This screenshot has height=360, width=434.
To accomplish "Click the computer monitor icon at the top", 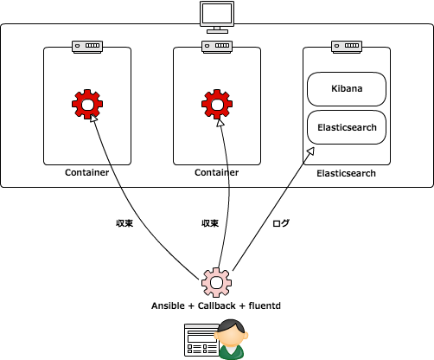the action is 217,17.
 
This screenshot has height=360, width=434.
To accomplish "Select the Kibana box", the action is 347,89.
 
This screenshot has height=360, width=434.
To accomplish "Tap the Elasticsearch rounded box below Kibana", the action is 347,127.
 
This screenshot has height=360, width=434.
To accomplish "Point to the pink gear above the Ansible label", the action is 216,282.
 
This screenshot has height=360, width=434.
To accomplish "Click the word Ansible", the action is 168,305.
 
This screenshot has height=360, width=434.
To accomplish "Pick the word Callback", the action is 216,305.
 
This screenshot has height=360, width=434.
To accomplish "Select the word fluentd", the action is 265,305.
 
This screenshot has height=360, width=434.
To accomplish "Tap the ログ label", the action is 281,223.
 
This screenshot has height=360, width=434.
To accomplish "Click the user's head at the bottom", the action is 233,333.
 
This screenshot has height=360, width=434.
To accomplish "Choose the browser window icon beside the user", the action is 201,340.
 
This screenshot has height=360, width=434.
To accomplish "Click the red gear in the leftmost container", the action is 87,104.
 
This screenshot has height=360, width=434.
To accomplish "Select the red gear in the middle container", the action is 217,104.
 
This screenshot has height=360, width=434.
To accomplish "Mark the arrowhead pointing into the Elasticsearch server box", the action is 310,151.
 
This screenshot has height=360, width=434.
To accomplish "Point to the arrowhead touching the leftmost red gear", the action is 93,118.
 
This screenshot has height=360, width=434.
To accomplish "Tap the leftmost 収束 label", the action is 124,223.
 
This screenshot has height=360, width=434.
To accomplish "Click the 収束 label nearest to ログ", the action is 210,223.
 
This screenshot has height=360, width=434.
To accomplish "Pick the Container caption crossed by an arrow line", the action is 217,172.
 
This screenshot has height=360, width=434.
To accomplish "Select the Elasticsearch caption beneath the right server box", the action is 346,173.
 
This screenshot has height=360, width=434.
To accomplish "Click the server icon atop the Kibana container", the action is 347,47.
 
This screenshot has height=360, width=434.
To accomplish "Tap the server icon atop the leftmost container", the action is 87,47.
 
